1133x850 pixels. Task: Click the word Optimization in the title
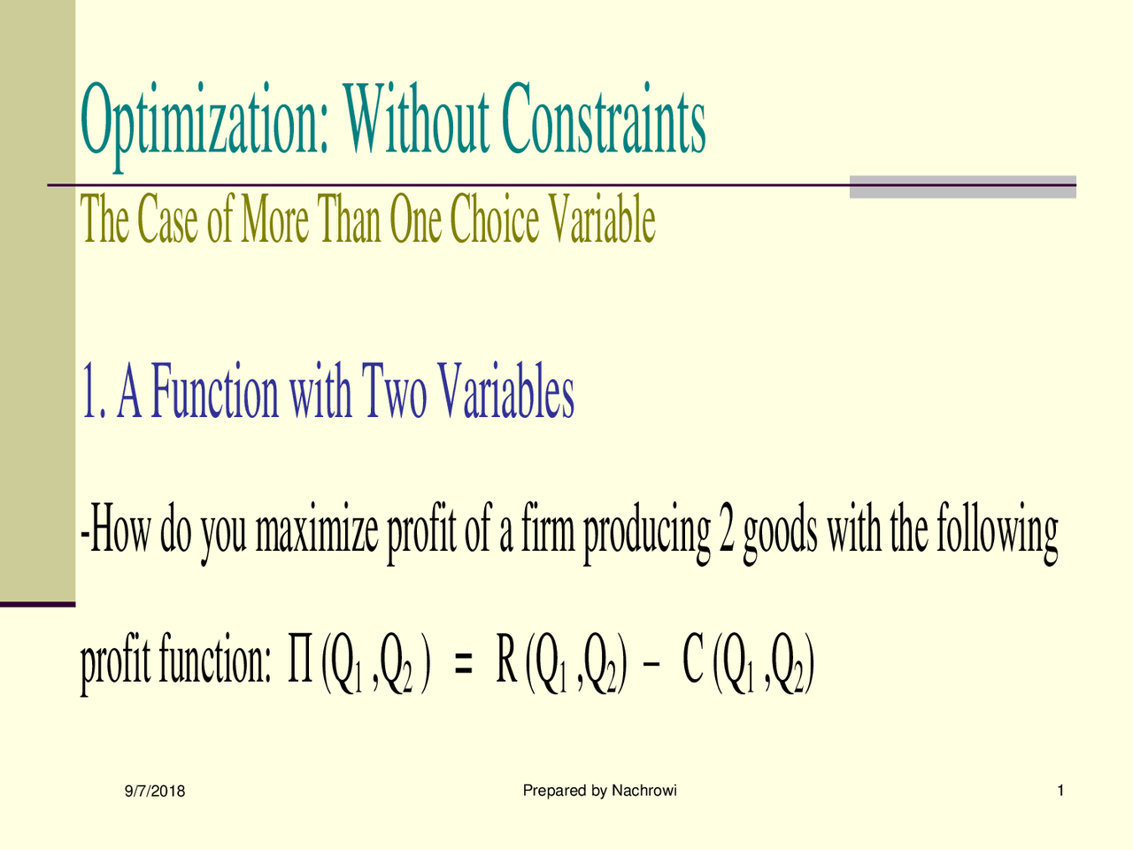204,124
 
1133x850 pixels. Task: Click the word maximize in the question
318,532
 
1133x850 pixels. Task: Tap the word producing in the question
646,532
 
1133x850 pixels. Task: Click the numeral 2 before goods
727,532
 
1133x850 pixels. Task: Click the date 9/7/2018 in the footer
155,792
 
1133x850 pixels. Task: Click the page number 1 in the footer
1060,791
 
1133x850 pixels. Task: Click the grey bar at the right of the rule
962,187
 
